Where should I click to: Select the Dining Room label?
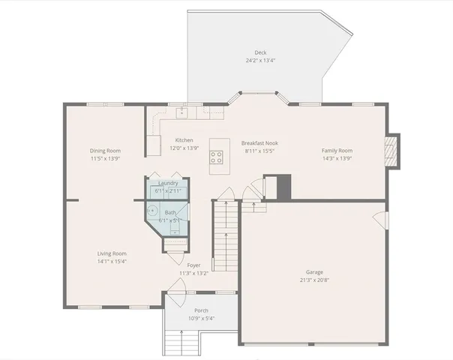pos(105,151)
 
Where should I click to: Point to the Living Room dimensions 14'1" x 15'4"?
pos(112,261)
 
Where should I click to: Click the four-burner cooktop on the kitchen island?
pos(216,157)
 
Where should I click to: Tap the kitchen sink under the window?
pos(181,113)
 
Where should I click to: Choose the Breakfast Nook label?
pos(260,143)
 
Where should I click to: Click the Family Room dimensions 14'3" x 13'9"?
pos(337,158)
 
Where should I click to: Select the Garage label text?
pos(314,272)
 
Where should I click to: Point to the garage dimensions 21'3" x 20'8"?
pos(314,280)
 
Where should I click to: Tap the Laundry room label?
pos(168,183)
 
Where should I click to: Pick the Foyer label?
pos(193,265)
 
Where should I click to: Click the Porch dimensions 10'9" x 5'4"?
pos(201,319)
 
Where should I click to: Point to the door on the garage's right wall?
pos(382,221)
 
